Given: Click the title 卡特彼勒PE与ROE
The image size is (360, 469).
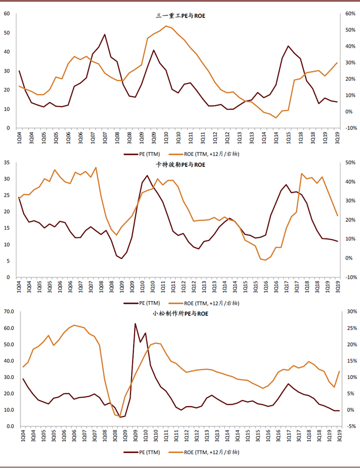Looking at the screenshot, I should [x=180, y=165].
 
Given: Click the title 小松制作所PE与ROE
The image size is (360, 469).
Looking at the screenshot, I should [x=180, y=314].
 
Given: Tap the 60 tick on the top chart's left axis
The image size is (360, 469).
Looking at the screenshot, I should [x=7, y=13].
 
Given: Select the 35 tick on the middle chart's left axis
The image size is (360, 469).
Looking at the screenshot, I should [x=7, y=162].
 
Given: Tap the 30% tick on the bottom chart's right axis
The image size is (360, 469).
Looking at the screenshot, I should [x=351, y=311].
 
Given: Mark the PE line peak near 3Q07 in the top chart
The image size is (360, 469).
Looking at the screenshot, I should [x=105, y=34].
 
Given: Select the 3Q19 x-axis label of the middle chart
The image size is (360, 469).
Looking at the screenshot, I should [x=337, y=286].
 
